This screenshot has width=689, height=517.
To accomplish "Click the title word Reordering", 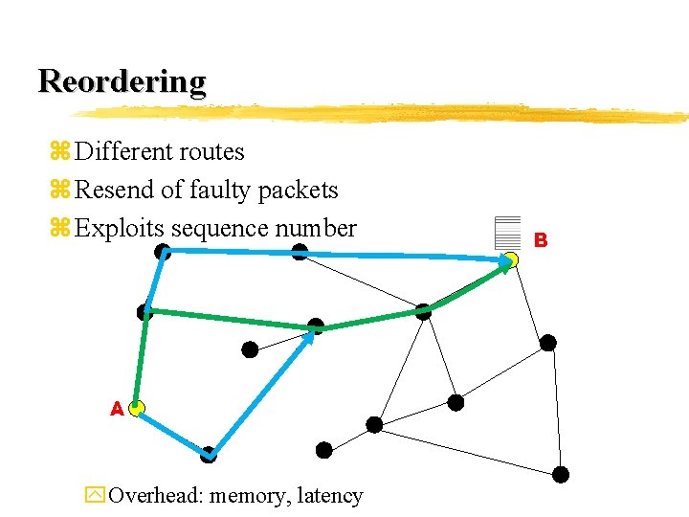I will pyautogui.click(x=122, y=81).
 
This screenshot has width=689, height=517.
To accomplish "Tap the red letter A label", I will pyautogui.click(x=117, y=409).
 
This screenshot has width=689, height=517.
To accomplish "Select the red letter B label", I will pyautogui.click(x=541, y=240).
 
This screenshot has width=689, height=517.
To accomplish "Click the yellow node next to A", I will pyautogui.click(x=137, y=409).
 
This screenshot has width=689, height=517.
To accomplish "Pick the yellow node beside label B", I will pyautogui.click(x=512, y=259).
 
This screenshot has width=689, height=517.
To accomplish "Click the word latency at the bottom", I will pyautogui.click(x=330, y=496).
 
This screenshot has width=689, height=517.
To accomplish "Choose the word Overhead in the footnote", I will pyautogui.click(x=155, y=496).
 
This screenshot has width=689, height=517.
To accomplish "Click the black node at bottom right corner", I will pyautogui.click(x=561, y=474).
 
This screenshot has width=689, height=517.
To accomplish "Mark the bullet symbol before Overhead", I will pyautogui.click(x=94, y=496).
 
